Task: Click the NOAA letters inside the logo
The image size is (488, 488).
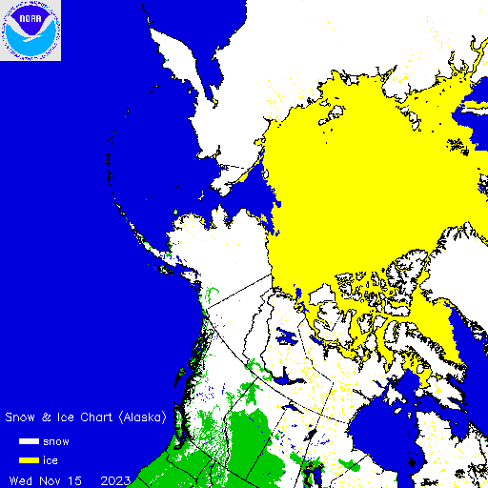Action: pos(30,17)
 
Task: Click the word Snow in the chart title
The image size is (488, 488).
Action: pos(21,417)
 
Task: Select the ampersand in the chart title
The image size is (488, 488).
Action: pos(44,417)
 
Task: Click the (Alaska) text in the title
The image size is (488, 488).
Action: pos(141,417)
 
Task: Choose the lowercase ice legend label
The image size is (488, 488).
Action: pos(51,461)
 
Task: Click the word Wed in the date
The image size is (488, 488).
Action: pos(20,478)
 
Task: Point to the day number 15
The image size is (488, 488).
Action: pos(75,478)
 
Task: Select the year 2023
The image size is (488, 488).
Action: pos(116,478)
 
